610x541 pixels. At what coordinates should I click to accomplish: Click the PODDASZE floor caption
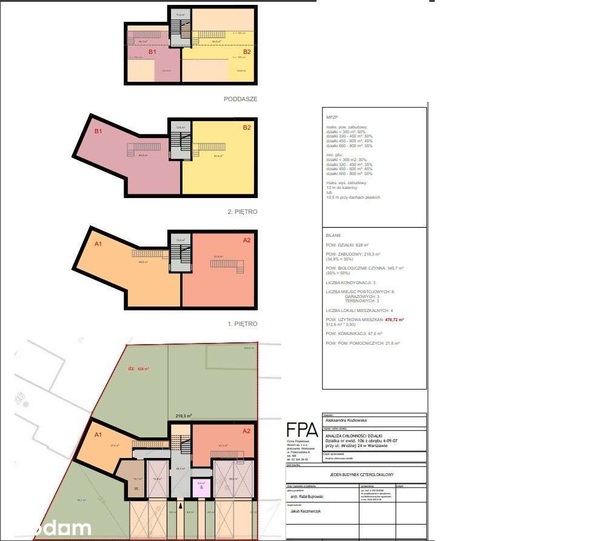241,98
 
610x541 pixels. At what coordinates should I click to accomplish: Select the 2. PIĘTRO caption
242,212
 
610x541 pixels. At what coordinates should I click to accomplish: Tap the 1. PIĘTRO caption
243,324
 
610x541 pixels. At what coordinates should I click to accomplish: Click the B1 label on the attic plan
153,52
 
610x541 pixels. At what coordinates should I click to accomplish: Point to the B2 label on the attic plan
247,52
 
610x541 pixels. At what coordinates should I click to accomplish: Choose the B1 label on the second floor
98,130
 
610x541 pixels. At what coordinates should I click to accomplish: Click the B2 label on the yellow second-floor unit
247,128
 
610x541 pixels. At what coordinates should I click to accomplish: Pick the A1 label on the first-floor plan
98,244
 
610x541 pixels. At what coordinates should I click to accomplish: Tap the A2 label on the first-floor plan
247,241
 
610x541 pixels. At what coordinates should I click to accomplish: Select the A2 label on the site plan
246,431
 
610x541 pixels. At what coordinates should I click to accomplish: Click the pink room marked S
201,486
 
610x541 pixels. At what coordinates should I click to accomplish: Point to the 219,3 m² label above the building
184,416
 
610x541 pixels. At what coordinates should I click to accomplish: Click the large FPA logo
302,430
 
